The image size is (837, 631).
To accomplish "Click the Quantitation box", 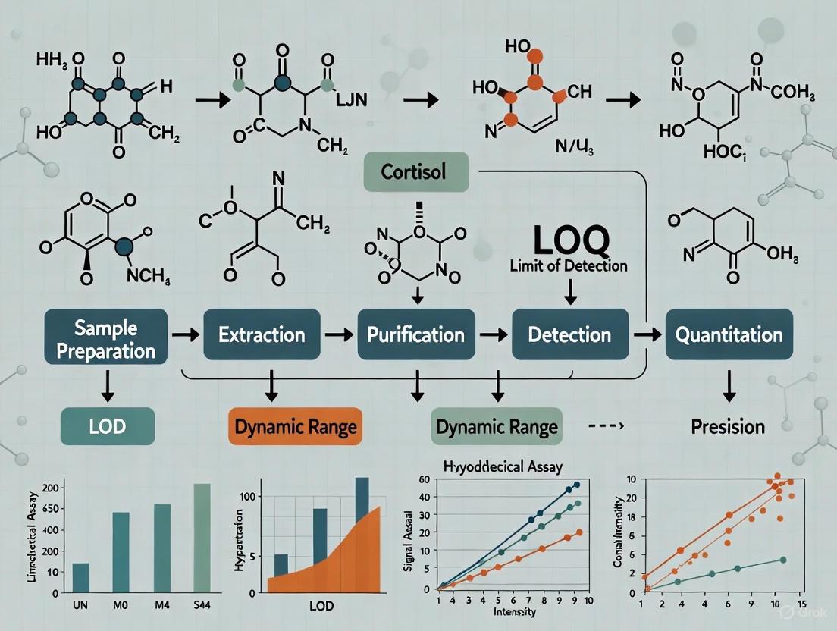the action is (x=724, y=334).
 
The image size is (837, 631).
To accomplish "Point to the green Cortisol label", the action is (x=416, y=173).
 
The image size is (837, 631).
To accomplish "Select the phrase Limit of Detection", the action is (x=569, y=265).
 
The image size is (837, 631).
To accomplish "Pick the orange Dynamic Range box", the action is (x=295, y=426).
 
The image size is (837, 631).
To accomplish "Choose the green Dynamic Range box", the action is (x=497, y=426).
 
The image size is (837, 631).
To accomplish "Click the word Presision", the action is (x=728, y=426).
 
